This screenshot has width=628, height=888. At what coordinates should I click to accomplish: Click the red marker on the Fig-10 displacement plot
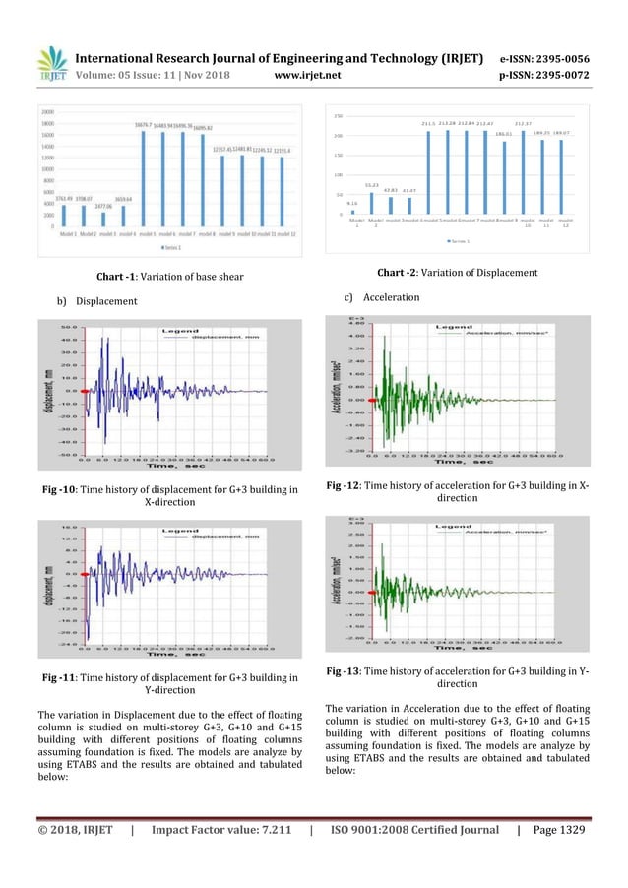[x=86, y=391]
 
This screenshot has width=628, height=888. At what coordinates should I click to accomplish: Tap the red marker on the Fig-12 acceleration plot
[x=362, y=400]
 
